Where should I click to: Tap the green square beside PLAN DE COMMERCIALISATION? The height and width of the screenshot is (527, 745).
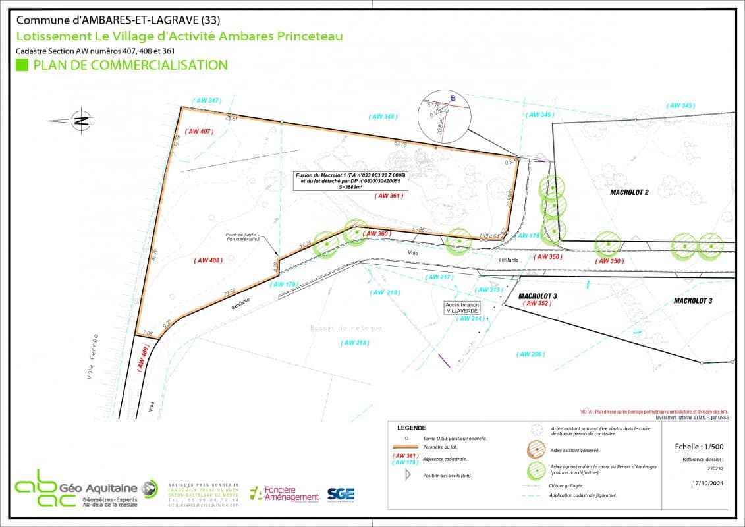click(22, 65)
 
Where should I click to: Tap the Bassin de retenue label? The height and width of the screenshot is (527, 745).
click(346, 327)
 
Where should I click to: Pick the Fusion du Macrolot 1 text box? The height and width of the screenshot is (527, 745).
click(352, 180)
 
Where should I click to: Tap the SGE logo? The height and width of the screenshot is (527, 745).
click(341, 495)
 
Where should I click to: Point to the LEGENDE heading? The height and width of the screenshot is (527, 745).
click(412, 428)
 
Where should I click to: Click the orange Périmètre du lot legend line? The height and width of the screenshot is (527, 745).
click(408, 446)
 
